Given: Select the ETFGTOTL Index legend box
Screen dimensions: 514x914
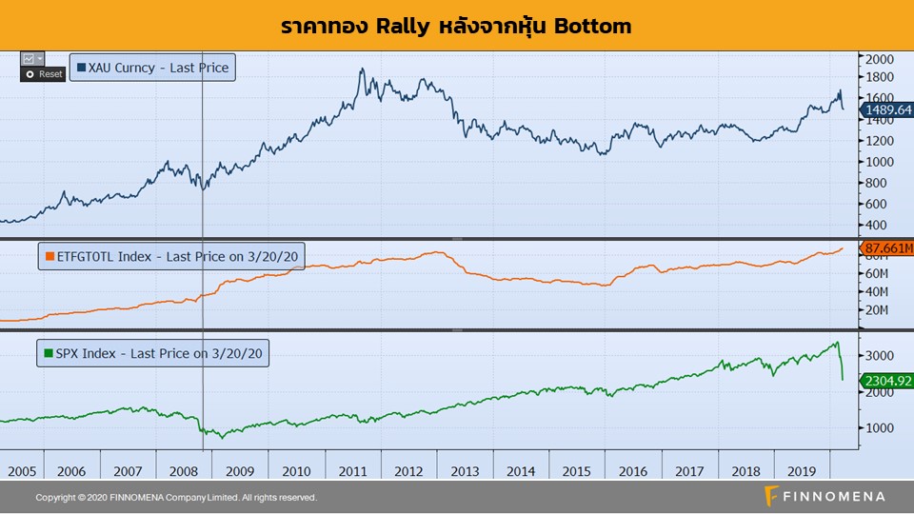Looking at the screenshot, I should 171,255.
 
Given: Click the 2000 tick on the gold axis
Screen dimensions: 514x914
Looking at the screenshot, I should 878,58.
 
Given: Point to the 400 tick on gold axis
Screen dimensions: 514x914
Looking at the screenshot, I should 875,226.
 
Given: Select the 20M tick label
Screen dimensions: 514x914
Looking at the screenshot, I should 876,311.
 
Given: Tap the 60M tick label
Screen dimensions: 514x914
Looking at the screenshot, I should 876,273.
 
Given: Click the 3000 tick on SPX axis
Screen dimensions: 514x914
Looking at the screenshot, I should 878,355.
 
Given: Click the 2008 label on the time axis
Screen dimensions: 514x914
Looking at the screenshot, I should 184,471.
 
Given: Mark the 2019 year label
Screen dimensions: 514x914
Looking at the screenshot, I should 802,471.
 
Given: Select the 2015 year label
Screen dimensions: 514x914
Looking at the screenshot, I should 577,471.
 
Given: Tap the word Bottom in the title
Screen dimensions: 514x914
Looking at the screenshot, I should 593,26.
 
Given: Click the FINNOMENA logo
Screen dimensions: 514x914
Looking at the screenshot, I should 825,496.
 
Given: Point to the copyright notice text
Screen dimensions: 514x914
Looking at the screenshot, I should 176,498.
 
